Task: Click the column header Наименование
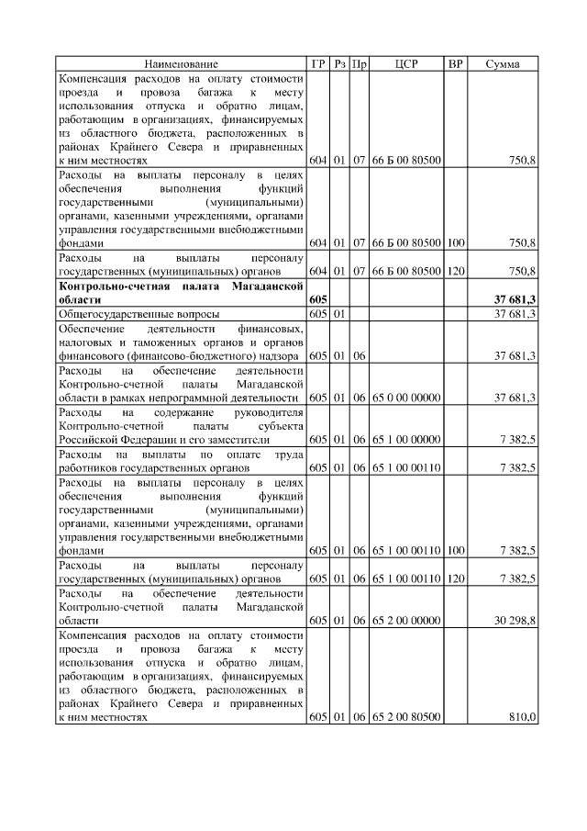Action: pyautogui.click(x=181, y=64)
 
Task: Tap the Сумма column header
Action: pyautogui.click(x=502, y=64)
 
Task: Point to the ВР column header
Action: pyautogui.click(x=455, y=64)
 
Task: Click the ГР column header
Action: pyautogui.click(x=318, y=64)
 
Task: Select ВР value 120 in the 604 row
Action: pyautogui.click(x=455, y=272)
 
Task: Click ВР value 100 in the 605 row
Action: pyautogui.click(x=455, y=550)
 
